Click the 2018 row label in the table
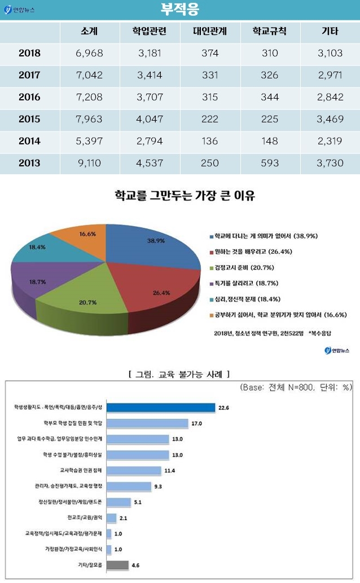(29, 54)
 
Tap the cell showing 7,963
(89, 119)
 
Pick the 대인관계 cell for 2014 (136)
(210, 141)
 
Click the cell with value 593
(270, 163)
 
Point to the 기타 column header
(330, 32)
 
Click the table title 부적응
(180, 10)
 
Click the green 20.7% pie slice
(85, 299)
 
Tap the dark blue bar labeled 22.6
(161, 407)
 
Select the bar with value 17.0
(147, 423)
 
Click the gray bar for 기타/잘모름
(117, 564)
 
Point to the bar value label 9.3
(158, 486)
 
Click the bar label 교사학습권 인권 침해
(80, 470)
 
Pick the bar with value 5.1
(119, 501)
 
